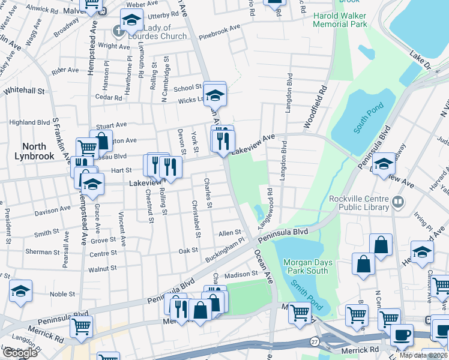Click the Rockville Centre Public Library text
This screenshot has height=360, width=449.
359,203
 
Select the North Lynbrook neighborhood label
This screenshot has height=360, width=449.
43,151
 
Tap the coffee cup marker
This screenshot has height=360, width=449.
402,334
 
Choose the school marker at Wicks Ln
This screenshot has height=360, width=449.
214,94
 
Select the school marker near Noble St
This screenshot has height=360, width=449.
21,292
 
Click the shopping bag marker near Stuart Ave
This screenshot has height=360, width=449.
101,142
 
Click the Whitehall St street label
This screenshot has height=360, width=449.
25,91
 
